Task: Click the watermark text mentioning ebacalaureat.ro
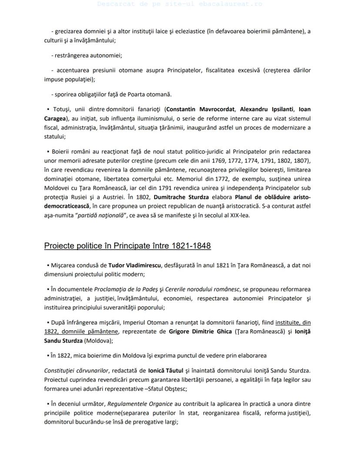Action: tap(180, 4)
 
